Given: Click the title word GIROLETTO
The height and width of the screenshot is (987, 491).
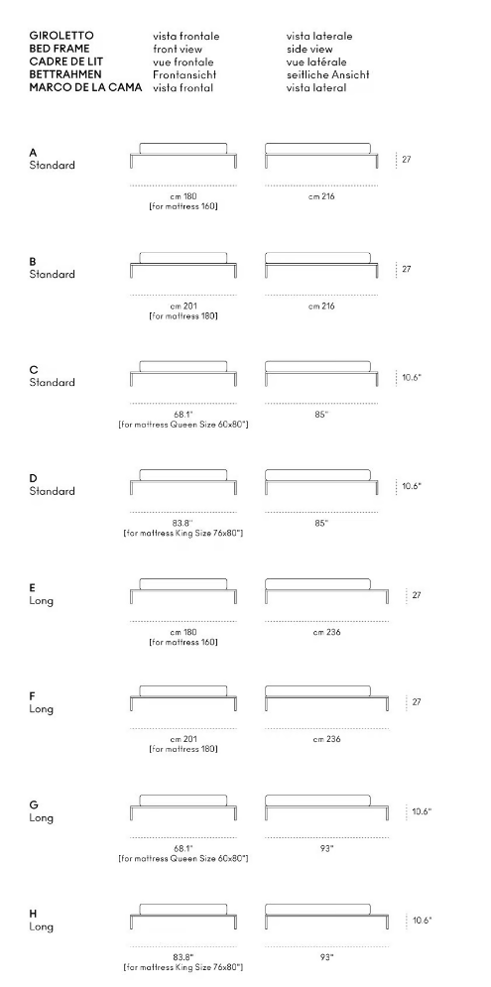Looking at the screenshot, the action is tap(61, 36).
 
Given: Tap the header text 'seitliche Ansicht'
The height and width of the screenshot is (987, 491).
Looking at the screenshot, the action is tap(328, 75).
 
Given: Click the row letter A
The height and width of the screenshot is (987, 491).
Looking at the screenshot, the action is tap(33, 153).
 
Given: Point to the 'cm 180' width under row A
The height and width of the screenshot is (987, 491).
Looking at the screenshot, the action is tap(184, 196).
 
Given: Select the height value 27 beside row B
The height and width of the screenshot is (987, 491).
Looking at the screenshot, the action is tap(407, 269).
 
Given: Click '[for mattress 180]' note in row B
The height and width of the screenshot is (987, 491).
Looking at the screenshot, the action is tap(184, 316).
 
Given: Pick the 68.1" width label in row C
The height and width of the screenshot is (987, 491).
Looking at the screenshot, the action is tap(184, 415).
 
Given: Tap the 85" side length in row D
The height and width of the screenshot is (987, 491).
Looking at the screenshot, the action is tap(321, 523).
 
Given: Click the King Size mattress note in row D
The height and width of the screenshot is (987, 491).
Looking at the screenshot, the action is tap(184, 533).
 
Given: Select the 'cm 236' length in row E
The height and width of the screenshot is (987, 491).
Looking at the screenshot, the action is tap(326, 632).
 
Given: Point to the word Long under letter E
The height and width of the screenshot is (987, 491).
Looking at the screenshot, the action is tap(41, 600).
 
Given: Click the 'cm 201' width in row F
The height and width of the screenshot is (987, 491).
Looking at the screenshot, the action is tap(184, 739).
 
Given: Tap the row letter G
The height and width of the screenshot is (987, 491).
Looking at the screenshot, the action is tap(34, 804).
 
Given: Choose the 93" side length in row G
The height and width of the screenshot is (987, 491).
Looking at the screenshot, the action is tap(326, 848).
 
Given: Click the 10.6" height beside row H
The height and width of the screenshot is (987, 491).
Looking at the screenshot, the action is tap(423, 921).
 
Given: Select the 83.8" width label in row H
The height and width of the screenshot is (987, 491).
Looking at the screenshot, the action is tap(184, 957).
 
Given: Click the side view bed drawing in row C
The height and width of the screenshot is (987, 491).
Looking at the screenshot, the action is tap(321, 373).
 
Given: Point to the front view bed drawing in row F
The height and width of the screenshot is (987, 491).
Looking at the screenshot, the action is tap(184, 698).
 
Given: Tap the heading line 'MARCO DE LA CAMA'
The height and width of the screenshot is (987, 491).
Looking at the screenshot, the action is tap(85, 87).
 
